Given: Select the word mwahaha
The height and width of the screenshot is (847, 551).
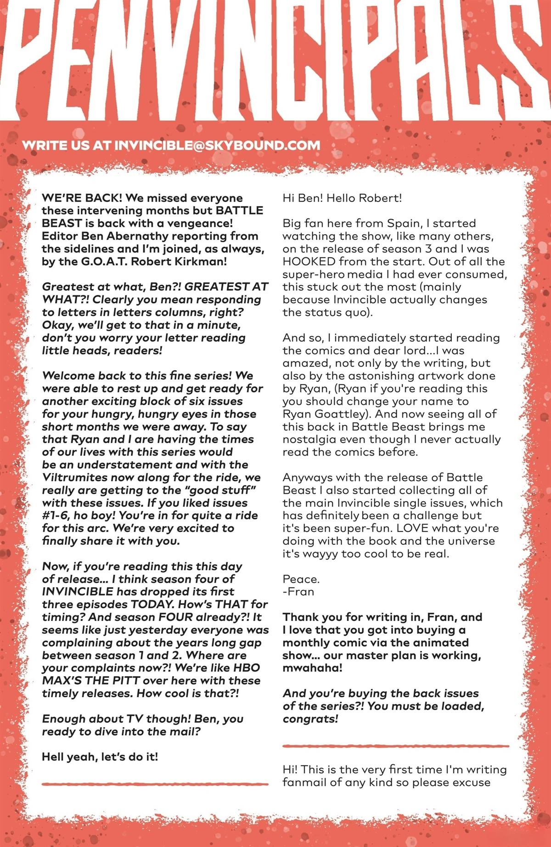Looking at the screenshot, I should [x=312, y=668].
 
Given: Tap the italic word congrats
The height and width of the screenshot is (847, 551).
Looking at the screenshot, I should [x=310, y=719].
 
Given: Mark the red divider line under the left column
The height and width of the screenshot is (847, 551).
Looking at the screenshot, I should [x=155, y=784].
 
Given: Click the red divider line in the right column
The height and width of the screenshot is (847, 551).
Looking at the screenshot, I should [x=396, y=746].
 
